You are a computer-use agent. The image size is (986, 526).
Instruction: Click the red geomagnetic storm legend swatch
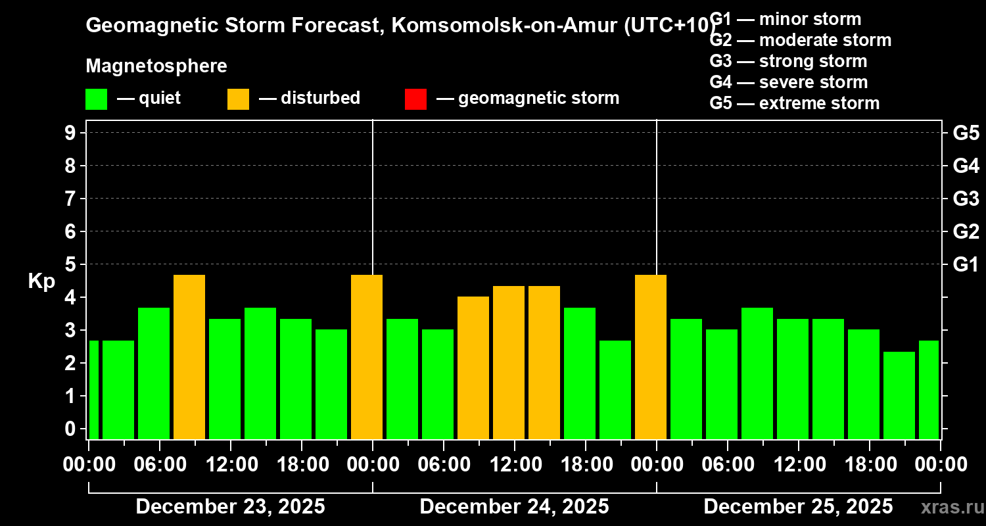click(x=415, y=99)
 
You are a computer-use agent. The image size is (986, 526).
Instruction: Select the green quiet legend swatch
click(x=96, y=99)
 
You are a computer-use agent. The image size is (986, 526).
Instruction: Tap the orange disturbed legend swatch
click(x=238, y=99)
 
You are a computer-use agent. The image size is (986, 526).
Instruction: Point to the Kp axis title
click(x=41, y=281)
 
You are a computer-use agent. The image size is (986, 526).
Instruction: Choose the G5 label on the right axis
click(x=966, y=133)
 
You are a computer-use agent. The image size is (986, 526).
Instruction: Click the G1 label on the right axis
click(x=966, y=264)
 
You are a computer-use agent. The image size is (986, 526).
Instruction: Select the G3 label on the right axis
click(x=966, y=199)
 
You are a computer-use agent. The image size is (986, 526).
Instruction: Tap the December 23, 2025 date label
click(x=230, y=507)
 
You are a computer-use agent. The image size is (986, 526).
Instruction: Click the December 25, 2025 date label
click(x=798, y=507)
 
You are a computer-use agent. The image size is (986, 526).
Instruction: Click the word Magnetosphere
click(x=156, y=66)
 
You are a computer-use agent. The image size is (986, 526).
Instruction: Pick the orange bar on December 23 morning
click(x=189, y=356)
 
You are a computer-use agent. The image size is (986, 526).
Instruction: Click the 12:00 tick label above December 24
click(x=514, y=465)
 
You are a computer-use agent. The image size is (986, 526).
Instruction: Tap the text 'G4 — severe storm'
click(x=789, y=82)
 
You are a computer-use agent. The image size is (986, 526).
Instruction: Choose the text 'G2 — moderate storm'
click(x=801, y=40)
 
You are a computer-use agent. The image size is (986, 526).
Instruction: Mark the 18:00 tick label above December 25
click(x=869, y=465)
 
